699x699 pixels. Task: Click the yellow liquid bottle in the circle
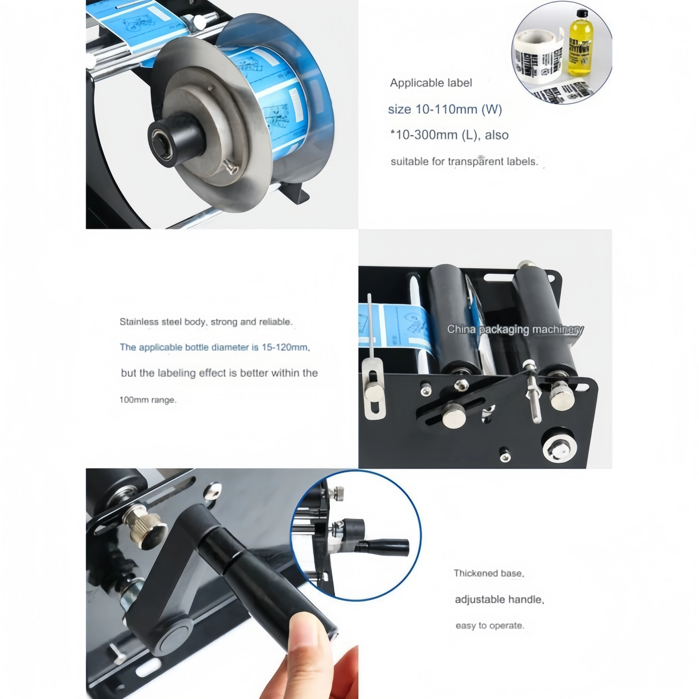coord(581,45)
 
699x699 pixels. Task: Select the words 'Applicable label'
coord(431,83)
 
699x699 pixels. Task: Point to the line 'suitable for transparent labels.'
coord(464,161)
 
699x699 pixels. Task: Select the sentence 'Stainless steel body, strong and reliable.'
coord(206,322)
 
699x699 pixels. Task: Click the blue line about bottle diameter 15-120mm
coord(215,347)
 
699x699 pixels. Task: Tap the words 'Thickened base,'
coord(489,573)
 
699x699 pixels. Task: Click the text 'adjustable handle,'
coord(499,600)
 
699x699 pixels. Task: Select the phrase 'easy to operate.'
coord(490,626)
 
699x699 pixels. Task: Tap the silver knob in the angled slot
coord(454,415)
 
